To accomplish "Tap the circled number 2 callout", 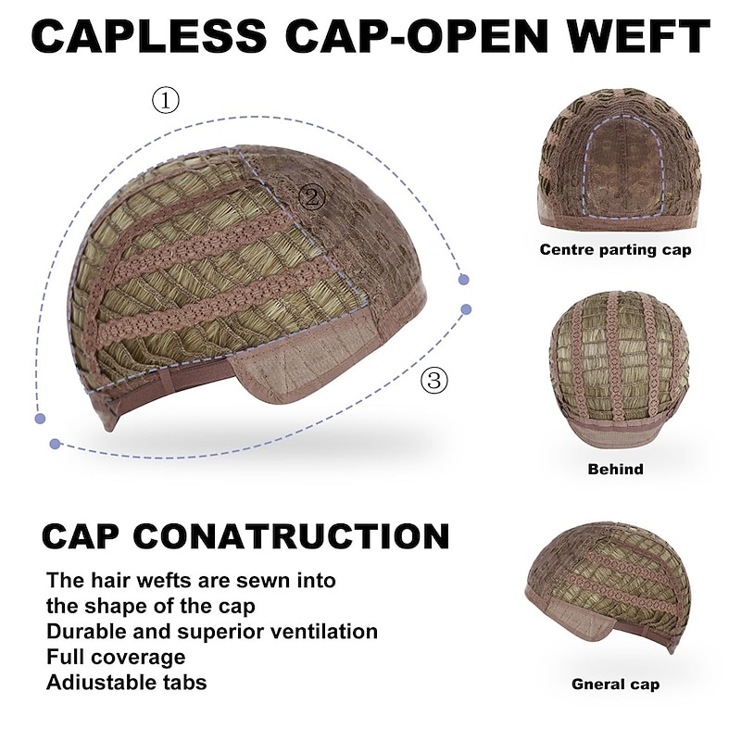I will click(312, 196).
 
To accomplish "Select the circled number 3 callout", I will click(434, 380).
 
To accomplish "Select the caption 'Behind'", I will click(615, 469).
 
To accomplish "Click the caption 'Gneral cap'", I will click(615, 684).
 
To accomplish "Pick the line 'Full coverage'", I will click(116, 657).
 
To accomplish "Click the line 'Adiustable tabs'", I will click(127, 683).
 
